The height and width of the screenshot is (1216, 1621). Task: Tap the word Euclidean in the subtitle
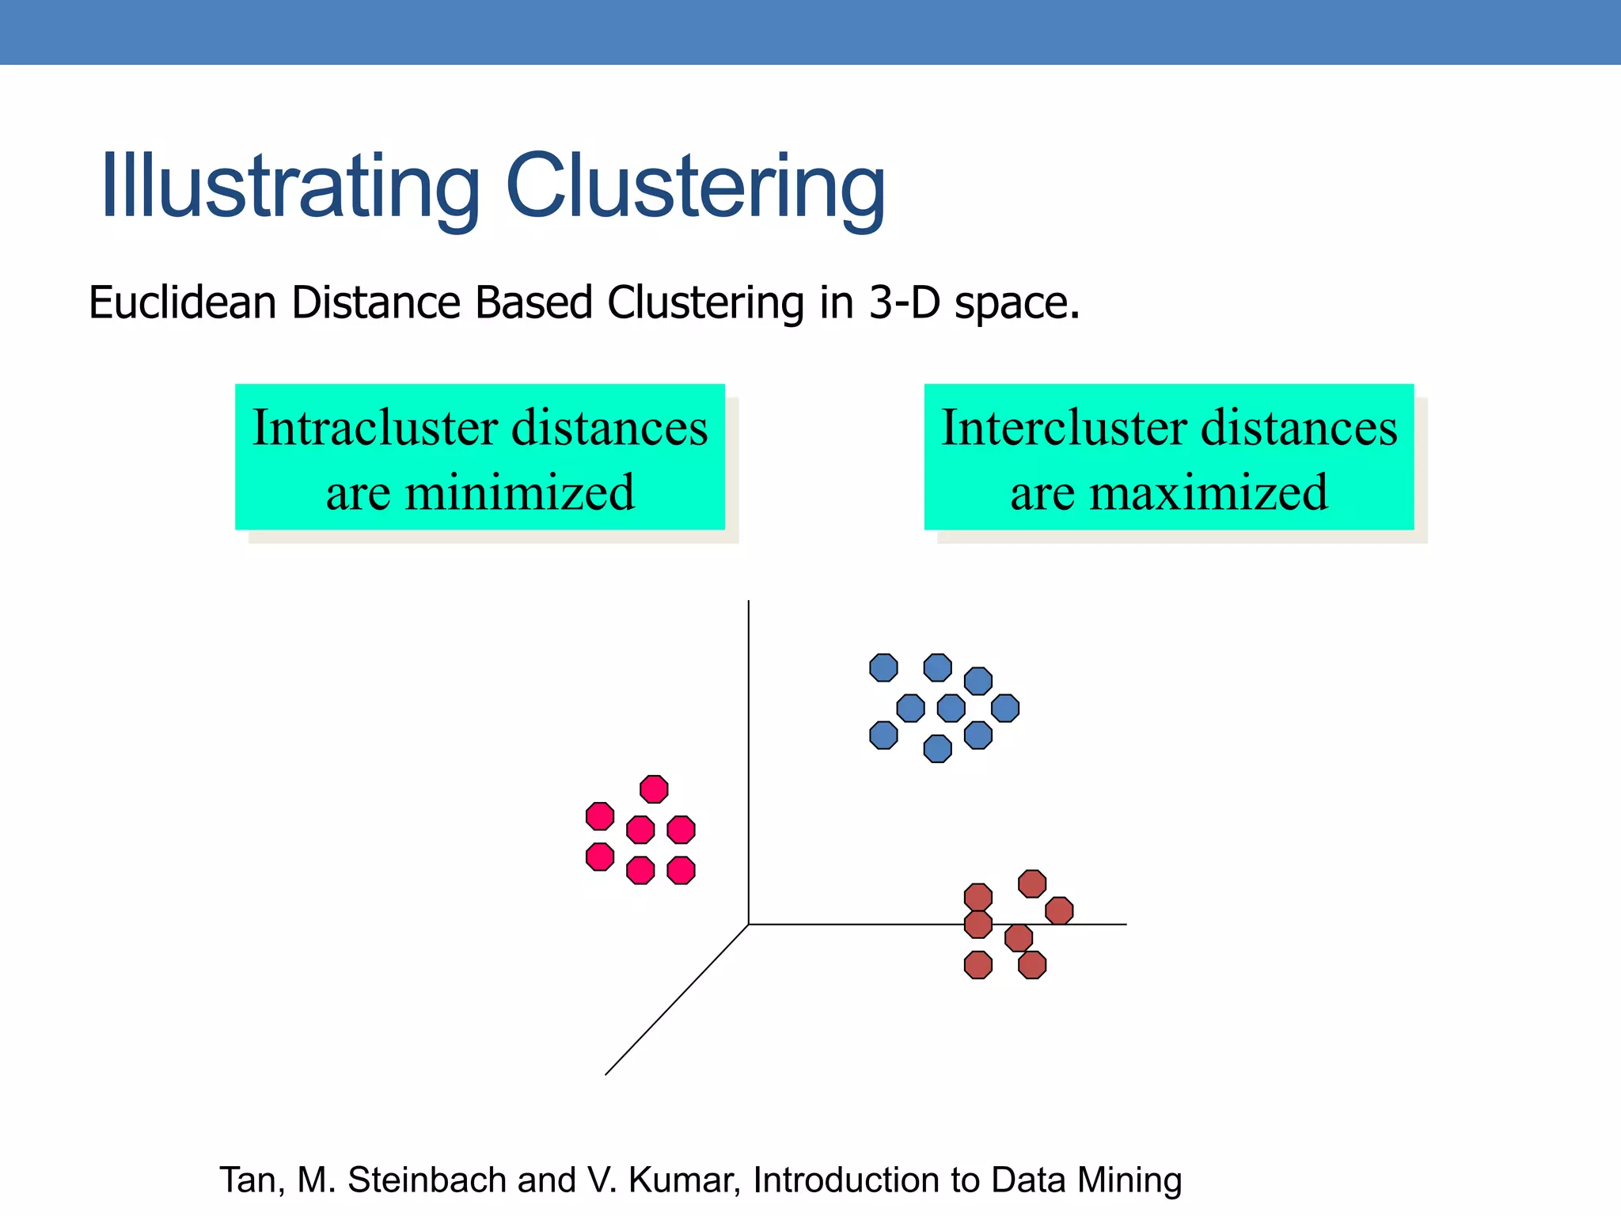tap(182, 303)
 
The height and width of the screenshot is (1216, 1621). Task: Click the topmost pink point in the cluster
tap(654, 789)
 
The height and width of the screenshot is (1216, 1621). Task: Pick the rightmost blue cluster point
tap(1005, 708)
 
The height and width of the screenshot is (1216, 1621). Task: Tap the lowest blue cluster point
tap(937, 748)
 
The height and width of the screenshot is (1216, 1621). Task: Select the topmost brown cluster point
tap(1032, 883)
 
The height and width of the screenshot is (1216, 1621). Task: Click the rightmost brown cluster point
tap(1059, 910)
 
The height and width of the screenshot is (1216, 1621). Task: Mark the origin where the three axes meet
tap(749, 924)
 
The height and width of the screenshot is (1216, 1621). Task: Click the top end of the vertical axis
tap(749, 602)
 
